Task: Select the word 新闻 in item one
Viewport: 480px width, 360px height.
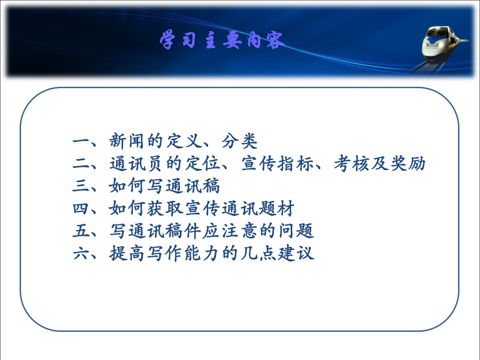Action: pyautogui.click(x=127, y=141)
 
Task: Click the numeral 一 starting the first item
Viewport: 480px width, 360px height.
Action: pyautogui.click(x=82, y=141)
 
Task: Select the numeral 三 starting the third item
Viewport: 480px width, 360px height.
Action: pyautogui.click(x=82, y=186)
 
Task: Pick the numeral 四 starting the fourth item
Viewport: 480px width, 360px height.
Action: pyautogui.click(x=82, y=209)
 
